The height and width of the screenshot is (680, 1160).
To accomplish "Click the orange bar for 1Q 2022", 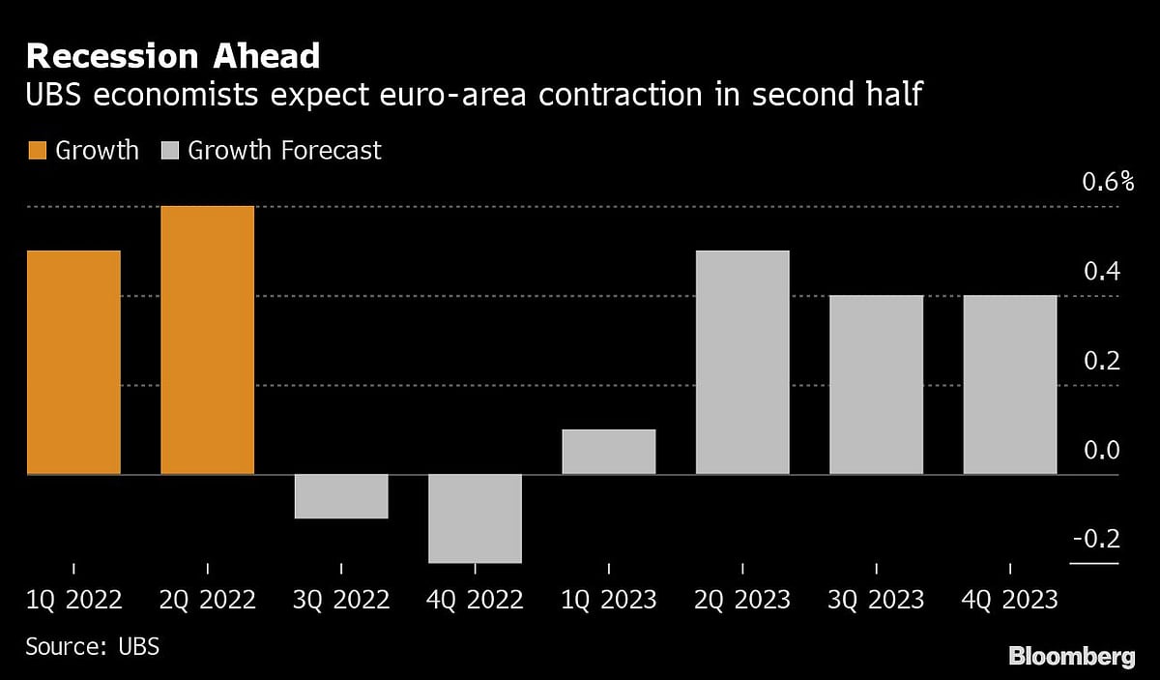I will [73, 363].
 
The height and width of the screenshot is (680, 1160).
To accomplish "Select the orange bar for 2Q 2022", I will [207, 340].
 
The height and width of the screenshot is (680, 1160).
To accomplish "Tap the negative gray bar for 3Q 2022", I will [341, 496].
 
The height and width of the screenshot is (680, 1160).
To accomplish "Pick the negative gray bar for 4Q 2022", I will [475, 518].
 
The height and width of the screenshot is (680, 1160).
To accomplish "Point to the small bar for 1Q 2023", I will [608, 452].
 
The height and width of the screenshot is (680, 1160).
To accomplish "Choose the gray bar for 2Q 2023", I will [742, 363].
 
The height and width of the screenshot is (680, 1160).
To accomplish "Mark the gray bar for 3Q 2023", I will [876, 385].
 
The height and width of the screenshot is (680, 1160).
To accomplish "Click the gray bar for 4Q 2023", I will [1009, 385].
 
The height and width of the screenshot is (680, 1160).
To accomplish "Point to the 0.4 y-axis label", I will [1101, 272].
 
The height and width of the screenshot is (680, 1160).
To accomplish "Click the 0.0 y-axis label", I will [1101, 451].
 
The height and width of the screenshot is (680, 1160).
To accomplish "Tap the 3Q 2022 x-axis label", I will [341, 601].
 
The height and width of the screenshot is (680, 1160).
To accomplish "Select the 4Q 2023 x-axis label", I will [1009, 601].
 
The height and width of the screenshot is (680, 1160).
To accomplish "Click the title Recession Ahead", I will [172, 56].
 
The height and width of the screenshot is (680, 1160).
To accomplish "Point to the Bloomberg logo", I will [1071, 657].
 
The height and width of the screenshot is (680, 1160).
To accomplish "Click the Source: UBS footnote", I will [93, 646].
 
